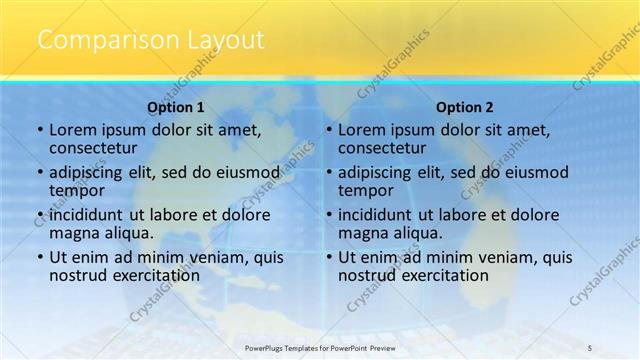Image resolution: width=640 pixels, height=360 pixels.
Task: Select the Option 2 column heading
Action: [x=464, y=107]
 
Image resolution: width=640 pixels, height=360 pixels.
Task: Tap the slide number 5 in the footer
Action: [x=590, y=348]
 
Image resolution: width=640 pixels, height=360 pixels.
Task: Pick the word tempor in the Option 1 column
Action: [x=77, y=190]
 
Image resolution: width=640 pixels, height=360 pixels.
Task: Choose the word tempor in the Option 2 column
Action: [x=366, y=190]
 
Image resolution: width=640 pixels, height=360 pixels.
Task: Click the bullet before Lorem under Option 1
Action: [x=40, y=130]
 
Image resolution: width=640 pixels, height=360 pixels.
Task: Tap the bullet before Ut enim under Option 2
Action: [x=329, y=257]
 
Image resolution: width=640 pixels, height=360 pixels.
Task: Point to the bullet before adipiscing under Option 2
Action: [x=329, y=172]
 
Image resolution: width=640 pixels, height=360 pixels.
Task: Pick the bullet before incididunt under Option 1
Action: [x=40, y=214]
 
